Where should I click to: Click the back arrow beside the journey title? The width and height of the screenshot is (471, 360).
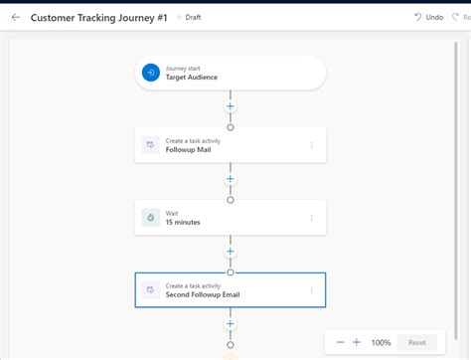tap(15, 17)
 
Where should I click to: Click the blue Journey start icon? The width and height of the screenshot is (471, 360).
tap(150, 73)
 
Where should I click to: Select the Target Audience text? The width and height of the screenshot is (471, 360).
tap(191, 78)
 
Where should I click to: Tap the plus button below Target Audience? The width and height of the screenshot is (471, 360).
tap(231, 105)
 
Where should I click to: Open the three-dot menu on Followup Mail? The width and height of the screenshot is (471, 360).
tap(311, 145)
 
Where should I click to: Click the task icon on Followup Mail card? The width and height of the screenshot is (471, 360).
tap(150, 145)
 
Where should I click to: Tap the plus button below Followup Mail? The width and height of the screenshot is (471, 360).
tap(231, 179)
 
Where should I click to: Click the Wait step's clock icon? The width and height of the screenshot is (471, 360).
tap(150, 218)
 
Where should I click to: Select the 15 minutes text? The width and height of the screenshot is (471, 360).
tap(183, 223)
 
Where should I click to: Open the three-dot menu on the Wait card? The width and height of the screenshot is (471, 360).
tap(311, 218)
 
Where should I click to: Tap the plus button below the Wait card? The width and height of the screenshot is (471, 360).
tap(231, 252)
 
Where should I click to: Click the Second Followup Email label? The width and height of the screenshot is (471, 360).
tap(203, 295)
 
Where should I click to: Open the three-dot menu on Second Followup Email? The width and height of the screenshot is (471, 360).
tap(311, 290)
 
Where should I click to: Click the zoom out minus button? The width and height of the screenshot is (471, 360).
tap(340, 342)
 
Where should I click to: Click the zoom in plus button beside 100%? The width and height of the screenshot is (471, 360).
tap(357, 342)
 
